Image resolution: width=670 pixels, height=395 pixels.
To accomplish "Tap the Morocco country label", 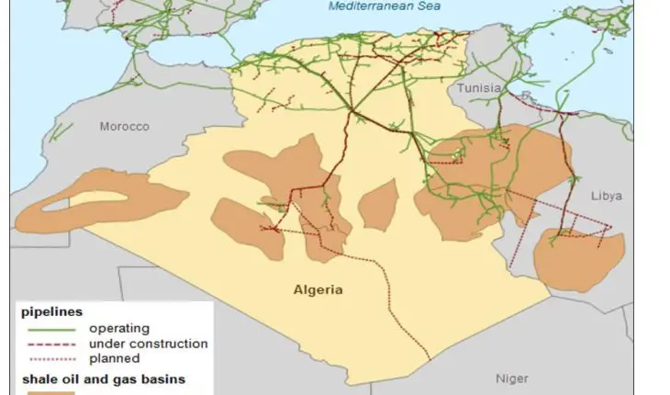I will coord(124,127).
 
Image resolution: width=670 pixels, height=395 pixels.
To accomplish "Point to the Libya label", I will coord(606,196).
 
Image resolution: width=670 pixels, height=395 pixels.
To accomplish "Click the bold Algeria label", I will coord(318,289).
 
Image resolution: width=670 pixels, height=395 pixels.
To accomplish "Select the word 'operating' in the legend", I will coord(119,328).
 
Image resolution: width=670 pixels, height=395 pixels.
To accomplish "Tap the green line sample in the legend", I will coord(53,328).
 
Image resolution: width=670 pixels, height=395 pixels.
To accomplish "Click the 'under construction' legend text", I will coord(148,344).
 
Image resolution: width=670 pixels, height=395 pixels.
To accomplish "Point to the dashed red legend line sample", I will coord(53,344).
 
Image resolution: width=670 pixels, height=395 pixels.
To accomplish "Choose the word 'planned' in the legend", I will coord(114,358).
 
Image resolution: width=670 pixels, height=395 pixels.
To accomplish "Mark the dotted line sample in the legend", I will coord(53,358).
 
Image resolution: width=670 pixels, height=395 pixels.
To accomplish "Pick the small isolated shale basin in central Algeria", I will coord(377,204).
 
